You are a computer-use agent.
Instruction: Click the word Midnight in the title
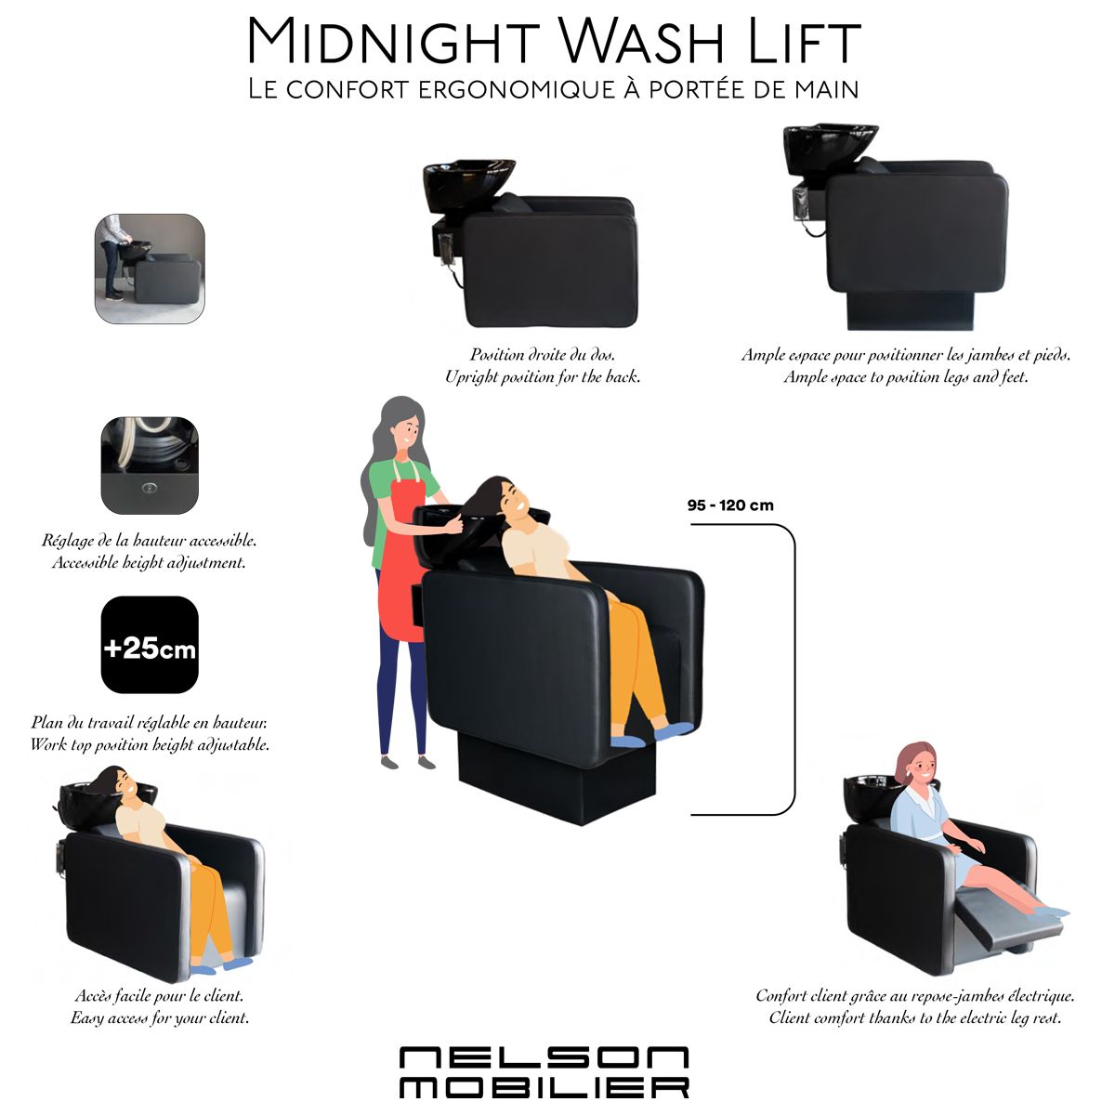tap(393, 41)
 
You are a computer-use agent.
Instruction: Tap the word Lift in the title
tap(804, 41)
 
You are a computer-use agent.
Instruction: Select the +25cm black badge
tap(150, 645)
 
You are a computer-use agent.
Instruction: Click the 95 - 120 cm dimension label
tap(730, 505)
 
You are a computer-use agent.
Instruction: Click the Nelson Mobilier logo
tap(544, 1072)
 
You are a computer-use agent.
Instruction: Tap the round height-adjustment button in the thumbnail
tap(149, 489)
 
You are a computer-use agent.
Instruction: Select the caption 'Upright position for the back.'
tap(543, 377)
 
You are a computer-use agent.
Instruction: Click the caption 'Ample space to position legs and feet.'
tap(906, 377)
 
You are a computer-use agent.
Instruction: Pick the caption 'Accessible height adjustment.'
tap(149, 562)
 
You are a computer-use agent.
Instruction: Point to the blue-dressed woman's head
tap(916, 765)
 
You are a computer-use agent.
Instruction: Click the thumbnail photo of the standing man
tap(150, 269)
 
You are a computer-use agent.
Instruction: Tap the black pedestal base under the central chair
tap(556, 775)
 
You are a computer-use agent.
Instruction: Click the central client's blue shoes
tap(652, 732)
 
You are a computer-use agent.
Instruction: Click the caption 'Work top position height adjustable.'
tap(150, 744)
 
